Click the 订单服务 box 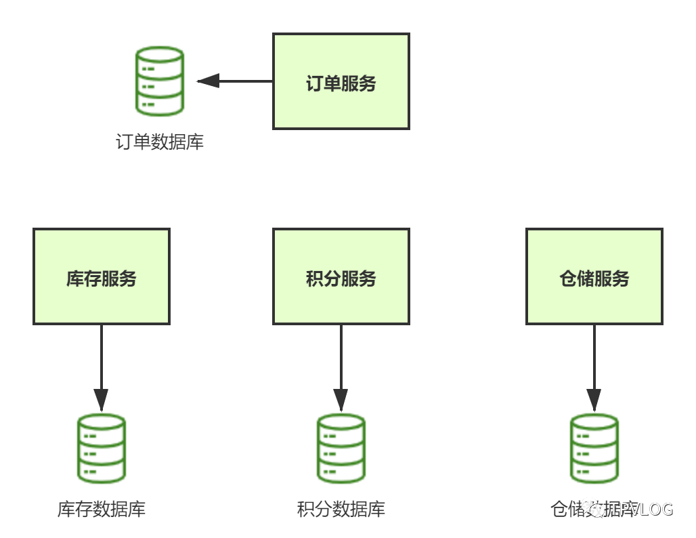point(341,81)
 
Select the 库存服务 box point(102,276)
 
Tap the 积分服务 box point(341,276)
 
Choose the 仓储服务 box point(594,276)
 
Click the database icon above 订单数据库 point(160,81)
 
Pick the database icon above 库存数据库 point(102,448)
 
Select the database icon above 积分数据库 point(341,448)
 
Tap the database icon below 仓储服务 point(594,448)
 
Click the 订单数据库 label point(160,142)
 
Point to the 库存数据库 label point(102,510)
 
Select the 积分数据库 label point(341,510)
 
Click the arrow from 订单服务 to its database point(237,81)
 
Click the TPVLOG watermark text point(640,510)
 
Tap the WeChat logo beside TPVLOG point(596,509)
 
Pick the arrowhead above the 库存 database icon point(102,400)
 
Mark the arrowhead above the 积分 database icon point(341,400)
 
